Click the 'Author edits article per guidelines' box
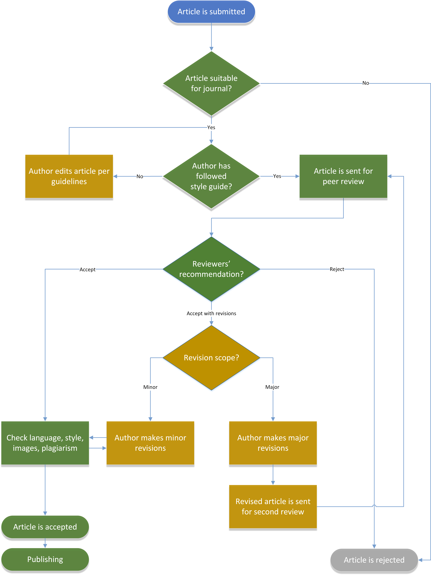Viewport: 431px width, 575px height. (x=69, y=176)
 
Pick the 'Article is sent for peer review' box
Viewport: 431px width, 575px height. (x=343, y=176)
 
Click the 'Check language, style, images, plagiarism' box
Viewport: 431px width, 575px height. (x=45, y=443)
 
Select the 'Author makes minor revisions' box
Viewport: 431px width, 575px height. (x=150, y=443)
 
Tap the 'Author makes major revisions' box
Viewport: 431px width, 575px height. (x=273, y=443)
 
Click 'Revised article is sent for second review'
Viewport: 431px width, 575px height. (x=273, y=506)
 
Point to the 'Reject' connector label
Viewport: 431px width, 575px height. (x=337, y=269)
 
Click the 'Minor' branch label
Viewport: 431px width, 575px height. (x=150, y=387)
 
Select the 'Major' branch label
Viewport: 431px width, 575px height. (x=272, y=387)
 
